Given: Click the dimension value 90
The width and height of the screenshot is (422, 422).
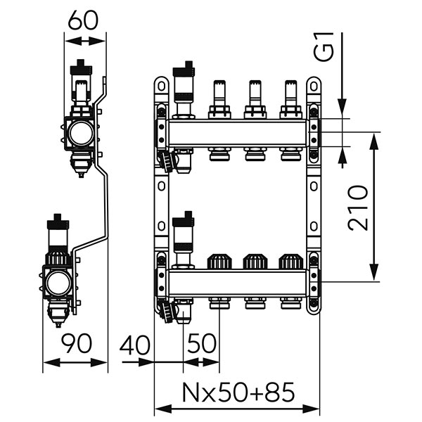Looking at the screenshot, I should pyautogui.click(x=76, y=344).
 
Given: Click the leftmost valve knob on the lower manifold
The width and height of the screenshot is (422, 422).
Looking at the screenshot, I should pyautogui.click(x=218, y=262).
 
